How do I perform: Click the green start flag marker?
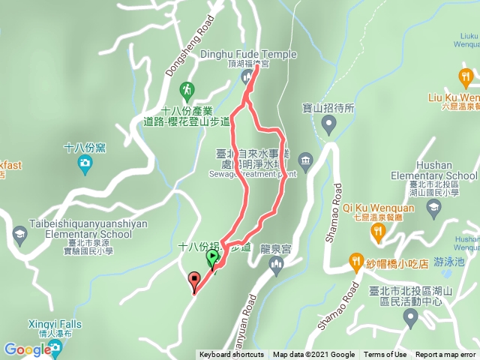click(x=212, y=259)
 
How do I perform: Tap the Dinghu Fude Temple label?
click(x=248, y=54)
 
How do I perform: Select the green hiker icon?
click(x=187, y=91)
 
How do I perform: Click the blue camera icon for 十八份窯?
click(x=85, y=163)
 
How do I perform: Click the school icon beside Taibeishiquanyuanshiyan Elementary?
click(x=19, y=235)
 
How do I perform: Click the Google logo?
click(x=27, y=349)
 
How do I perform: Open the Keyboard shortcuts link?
click(x=231, y=355)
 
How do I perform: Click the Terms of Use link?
click(x=385, y=355)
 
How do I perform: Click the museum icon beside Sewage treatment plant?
click(x=305, y=159)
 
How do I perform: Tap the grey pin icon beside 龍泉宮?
click(x=277, y=262)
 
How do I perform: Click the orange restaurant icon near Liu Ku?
click(x=466, y=76)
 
